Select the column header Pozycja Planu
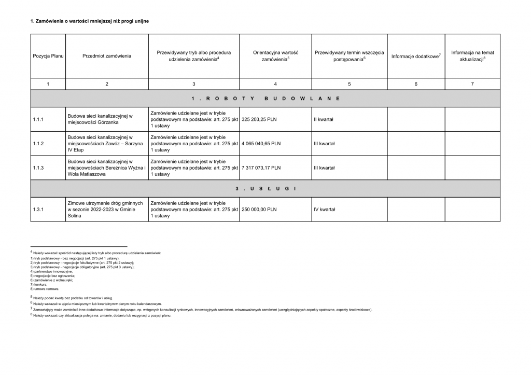pos(48,56)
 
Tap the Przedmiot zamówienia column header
pos(107,56)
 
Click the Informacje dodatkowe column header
pos(416,56)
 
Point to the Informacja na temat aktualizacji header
pos(472,56)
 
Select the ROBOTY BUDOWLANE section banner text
pos(265,98)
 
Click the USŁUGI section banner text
pos(265,188)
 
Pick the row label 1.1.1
pos(38,119)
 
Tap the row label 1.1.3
pos(38,168)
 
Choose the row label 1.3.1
pos(38,210)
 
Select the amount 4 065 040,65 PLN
pos(261,144)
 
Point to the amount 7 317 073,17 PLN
pos(261,168)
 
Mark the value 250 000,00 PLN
pos(259,210)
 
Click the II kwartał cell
pos(324,119)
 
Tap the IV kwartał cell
pos(324,210)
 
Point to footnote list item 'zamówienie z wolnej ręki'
pos(52,280)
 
